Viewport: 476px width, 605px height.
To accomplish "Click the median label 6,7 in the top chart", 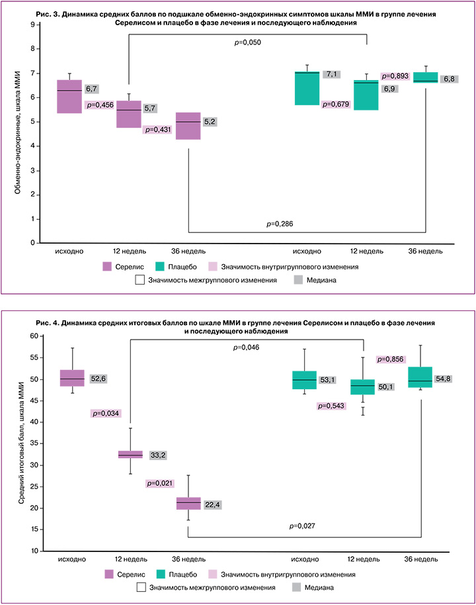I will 92,88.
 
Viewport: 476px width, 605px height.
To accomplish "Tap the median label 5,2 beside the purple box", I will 210,122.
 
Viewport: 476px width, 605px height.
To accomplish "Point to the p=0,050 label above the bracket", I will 247,42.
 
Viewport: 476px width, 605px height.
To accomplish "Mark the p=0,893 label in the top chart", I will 395,76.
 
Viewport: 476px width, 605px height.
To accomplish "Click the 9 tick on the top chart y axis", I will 31,24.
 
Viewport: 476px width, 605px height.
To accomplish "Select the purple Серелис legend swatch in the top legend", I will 108,267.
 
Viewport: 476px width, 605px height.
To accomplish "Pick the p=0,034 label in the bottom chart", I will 104,414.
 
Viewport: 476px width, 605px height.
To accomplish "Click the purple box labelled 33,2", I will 130,454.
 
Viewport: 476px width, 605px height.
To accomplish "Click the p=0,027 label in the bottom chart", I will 302,526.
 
